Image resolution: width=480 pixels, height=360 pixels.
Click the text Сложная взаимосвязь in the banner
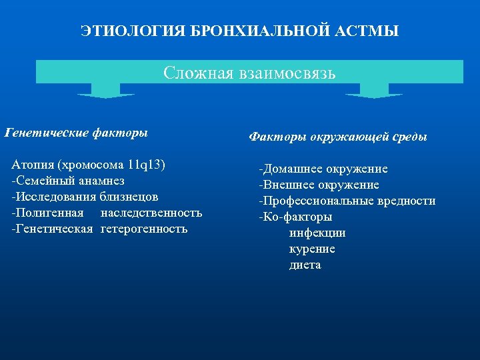pos(249,73)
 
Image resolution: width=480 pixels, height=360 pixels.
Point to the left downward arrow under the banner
pos(105,91)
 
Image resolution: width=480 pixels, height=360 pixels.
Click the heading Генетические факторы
pos(76,133)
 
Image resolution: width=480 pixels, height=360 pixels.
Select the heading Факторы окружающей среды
pos(338,137)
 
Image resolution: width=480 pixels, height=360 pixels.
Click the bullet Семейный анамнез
pos(68,181)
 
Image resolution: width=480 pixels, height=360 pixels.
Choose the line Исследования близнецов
pos(85,197)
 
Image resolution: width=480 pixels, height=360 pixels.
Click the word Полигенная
pos(48,213)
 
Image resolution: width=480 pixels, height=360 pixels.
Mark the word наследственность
pos(151,213)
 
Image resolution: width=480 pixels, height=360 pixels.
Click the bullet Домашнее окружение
pos(323,169)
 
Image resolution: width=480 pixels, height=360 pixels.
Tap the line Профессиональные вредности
pos(347,201)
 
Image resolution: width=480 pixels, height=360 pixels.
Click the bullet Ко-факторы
pos(295,217)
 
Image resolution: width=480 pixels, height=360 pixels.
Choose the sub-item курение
pos(312,249)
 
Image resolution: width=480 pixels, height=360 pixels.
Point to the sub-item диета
pos(305,265)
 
